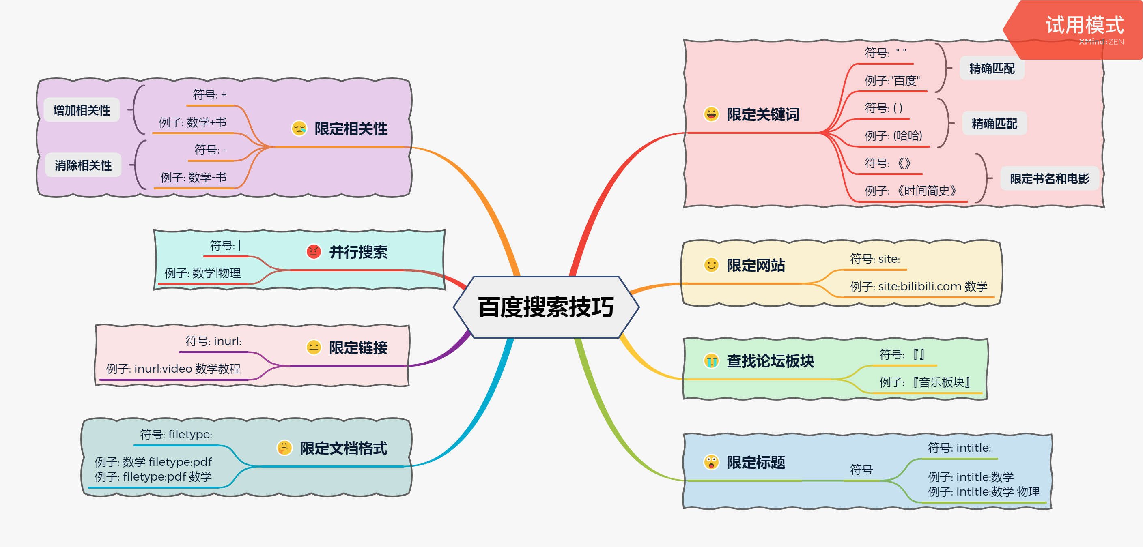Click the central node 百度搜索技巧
546,307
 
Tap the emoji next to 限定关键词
711,114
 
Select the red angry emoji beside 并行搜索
314,251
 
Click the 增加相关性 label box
82,110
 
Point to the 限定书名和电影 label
1049,179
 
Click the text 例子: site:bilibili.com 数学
918,286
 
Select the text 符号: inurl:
213,341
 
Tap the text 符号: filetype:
176,434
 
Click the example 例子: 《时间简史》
910,191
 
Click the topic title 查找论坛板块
770,361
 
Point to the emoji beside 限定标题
711,462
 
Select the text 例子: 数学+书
193,122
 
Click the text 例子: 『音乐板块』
925,382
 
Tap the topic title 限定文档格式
343,448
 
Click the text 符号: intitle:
959,448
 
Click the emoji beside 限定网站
711,265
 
